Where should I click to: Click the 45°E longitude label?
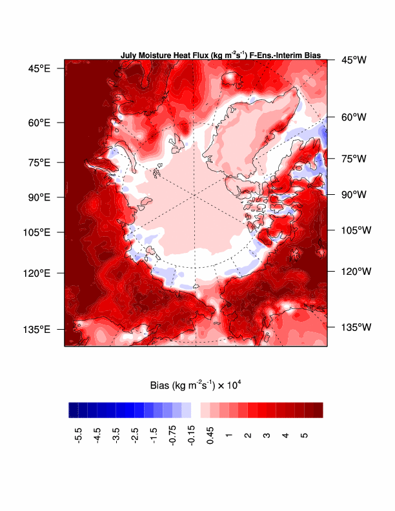[x=40, y=68]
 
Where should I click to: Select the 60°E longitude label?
[x=40, y=123]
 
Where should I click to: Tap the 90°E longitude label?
[x=40, y=197]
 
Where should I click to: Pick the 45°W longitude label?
[x=354, y=60]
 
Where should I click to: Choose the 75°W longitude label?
[x=354, y=159]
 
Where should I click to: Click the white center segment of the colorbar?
[x=196, y=410]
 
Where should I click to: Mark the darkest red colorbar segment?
[x=318, y=410]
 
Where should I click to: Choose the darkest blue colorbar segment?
[x=74, y=410]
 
